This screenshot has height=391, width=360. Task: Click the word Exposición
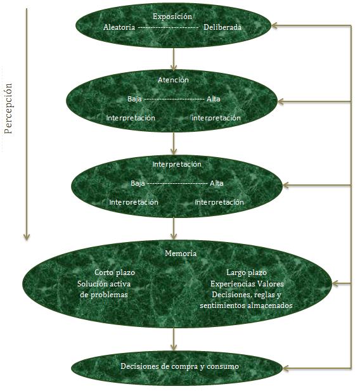coord(172,16)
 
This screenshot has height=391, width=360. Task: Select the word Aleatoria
coord(119,27)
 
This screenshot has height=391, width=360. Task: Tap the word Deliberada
coord(222,27)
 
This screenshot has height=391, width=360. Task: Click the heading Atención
coord(173,80)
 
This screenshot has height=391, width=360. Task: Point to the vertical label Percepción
coord(8,108)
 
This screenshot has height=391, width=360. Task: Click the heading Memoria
coord(181,253)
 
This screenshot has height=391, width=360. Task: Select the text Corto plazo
coord(115,272)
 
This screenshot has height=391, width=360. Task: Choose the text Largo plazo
coord(247,272)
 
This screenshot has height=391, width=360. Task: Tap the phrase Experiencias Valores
coord(247,284)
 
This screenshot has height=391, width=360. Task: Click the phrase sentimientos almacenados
coord(246,305)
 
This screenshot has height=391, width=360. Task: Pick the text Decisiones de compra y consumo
coord(179,366)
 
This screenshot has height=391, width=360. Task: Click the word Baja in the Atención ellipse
coord(134,99)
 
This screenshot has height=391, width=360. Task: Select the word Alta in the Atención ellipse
coord(214,99)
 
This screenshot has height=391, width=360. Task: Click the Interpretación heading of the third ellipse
coord(177,164)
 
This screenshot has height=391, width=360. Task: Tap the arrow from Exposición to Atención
coord(174,59)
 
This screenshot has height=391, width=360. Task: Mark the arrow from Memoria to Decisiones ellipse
coord(174,339)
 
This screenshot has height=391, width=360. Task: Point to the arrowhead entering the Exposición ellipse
coord(274,25)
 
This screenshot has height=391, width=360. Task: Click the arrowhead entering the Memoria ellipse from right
coord(335,283)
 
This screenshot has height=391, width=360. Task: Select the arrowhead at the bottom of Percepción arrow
coord(27,237)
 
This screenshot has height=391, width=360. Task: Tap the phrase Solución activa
coord(104,284)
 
